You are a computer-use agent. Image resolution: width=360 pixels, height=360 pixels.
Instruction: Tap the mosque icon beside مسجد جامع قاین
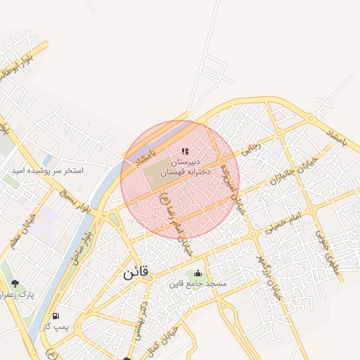coord(198,274)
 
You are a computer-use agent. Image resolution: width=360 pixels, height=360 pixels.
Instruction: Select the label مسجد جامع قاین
coord(198,284)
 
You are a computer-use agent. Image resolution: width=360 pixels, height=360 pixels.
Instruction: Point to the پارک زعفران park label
coord(18,295)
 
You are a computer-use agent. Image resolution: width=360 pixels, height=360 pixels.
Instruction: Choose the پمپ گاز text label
coord(56,328)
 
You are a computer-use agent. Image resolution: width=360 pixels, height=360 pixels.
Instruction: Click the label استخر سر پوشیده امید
coord(48,171)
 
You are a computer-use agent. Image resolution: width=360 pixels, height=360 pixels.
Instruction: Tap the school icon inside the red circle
coord(185,151)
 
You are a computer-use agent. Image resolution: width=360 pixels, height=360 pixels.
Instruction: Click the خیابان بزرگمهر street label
coord(269,277)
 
